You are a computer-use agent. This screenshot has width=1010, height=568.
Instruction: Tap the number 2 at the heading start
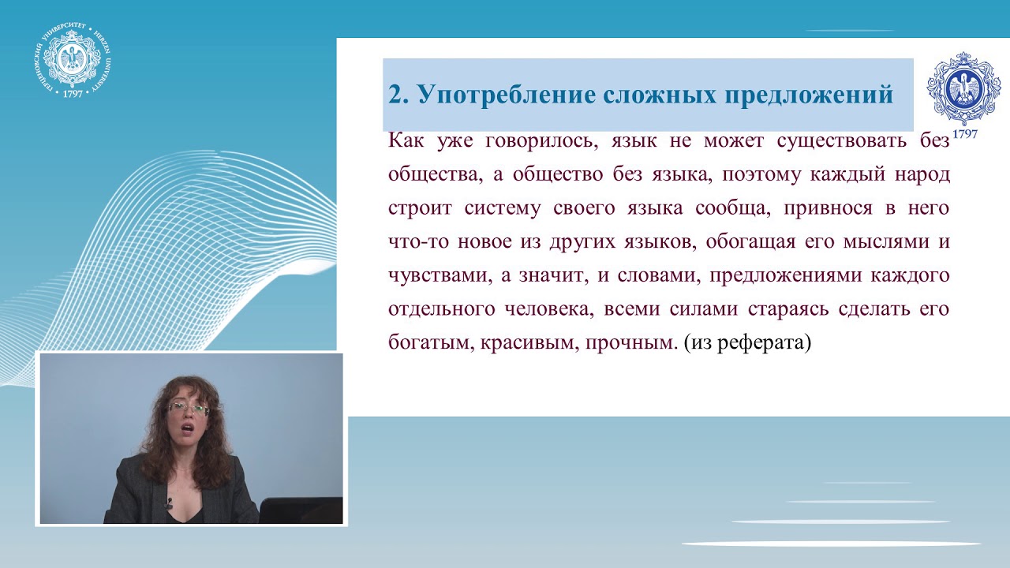point(396,95)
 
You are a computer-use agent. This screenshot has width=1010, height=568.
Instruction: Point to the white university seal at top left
point(71,60)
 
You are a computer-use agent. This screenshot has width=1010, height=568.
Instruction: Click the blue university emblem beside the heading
point(963,88)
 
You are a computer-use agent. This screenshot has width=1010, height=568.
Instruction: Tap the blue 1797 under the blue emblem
point(964,134)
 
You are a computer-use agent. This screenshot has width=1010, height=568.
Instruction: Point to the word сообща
point(731,208)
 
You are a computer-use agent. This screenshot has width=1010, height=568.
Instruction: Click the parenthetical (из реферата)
point(747,343)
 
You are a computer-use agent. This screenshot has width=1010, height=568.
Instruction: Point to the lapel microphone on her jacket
point(168,502)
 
